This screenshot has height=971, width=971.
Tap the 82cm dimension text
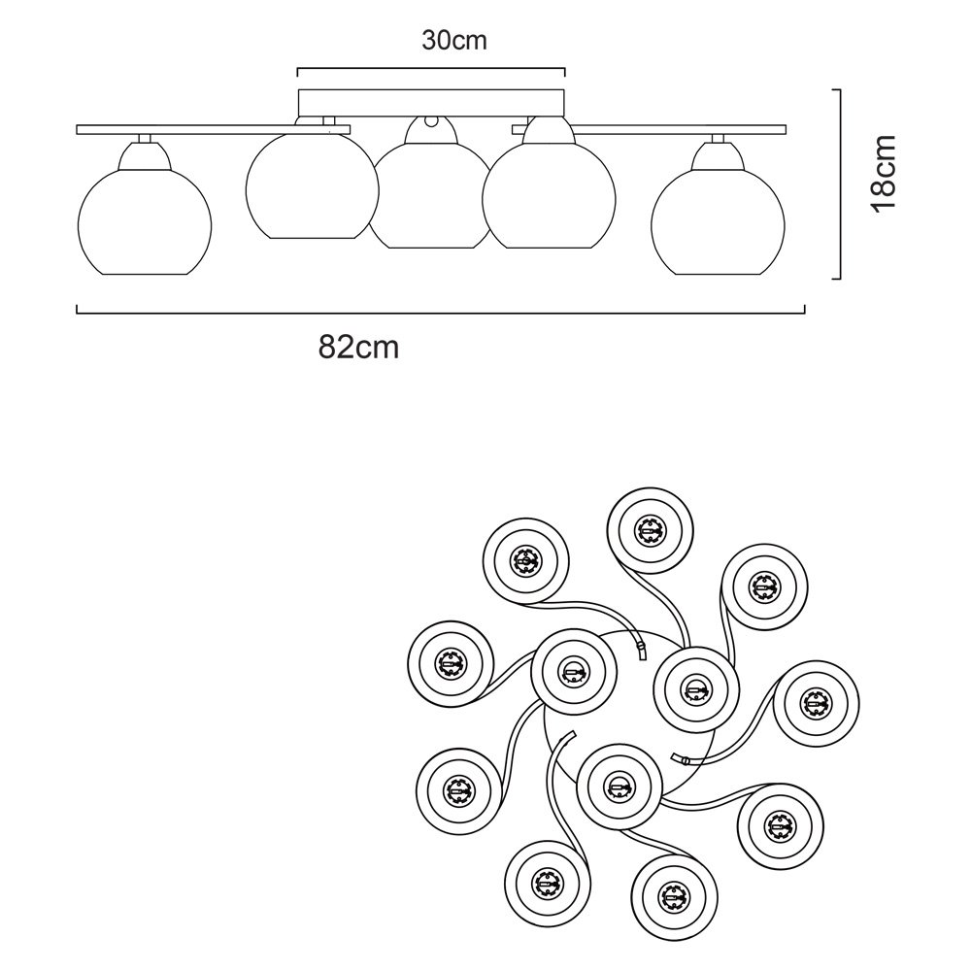pos(358,347)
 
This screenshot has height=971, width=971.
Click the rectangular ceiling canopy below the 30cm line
pos(430,102)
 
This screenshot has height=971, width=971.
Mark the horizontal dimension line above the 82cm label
pos(440,312)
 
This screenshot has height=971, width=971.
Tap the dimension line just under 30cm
pos(430,69)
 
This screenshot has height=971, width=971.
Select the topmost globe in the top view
pos(649,530)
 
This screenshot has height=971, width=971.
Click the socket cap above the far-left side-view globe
pos(143,143)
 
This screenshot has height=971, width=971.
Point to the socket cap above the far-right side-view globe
pos(719,143)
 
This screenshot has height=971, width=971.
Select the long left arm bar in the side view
pos(184,128)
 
